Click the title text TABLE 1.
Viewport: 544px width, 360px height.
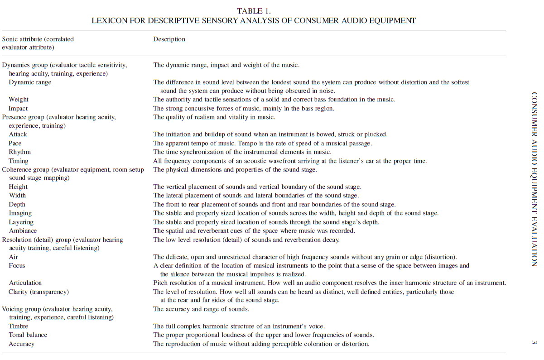(x=254, y=10)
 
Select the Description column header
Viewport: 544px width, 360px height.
(x=169, y=39)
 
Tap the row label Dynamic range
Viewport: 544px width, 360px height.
(x=30, y=82)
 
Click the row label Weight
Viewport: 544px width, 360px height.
(x=19, y=99)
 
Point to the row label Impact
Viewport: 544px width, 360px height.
(x=18, y=108)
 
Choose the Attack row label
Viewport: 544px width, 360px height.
(x=18, y=134)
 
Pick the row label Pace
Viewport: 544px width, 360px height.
(x=15, y=143)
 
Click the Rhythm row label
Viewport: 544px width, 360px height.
(x=20, y=152)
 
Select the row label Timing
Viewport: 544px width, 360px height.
(x=19, y=161)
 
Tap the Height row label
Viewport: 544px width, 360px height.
(x=18, y=187)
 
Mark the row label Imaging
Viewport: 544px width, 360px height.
(x=20, y=213)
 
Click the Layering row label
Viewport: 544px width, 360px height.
(x=21, y=222)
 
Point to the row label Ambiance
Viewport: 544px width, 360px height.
(x=23, y=230)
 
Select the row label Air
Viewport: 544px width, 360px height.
(x=14, y=257)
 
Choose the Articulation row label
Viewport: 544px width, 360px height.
(x=25, y=283)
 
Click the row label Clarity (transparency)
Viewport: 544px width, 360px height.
(x=39, y=292)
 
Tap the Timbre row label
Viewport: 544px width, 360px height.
(x=19, y=326)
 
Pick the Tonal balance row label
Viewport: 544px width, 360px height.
(x=28, y=335)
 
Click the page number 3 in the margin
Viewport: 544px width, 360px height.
(x=534, y=342)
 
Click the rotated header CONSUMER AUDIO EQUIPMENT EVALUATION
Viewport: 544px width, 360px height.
(x=534, y=179)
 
